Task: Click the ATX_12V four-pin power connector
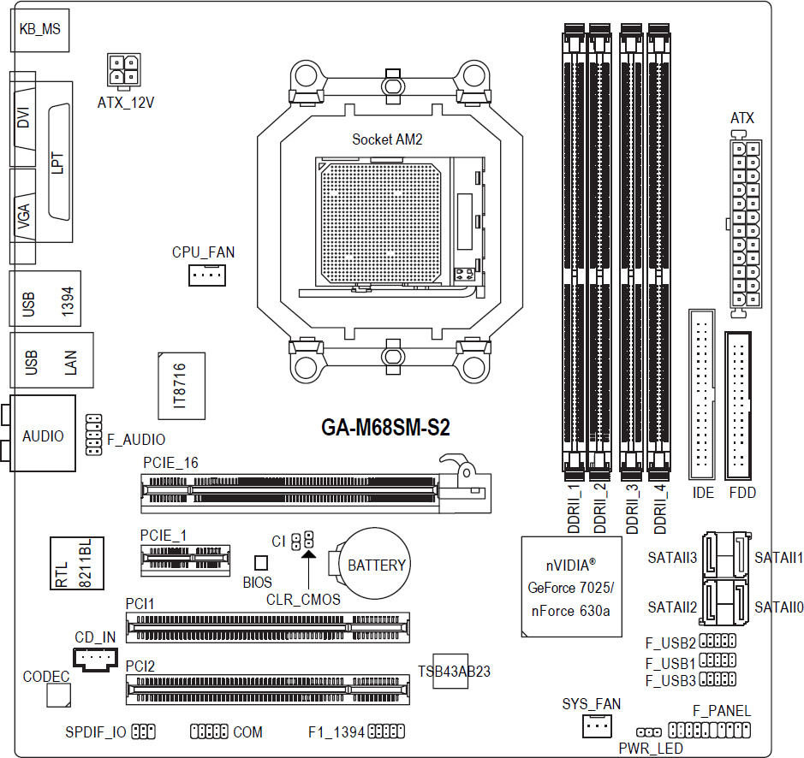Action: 123,70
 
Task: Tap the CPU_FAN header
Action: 207,275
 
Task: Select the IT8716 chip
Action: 182,386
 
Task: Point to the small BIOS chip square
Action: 261,563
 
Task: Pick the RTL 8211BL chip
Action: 77,563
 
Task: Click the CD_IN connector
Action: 95,659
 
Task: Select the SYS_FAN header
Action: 597,725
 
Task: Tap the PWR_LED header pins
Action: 649,732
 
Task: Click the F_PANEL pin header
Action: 709,730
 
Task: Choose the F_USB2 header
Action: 718,641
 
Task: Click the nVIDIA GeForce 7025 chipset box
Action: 571,586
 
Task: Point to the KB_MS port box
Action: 39,30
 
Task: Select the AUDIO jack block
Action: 43,433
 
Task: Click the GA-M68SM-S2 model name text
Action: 385,428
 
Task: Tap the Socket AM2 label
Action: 387,139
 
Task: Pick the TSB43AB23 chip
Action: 450,671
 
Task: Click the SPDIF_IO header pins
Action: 144,731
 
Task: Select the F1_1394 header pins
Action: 386,731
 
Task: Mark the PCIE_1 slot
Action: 185,560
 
